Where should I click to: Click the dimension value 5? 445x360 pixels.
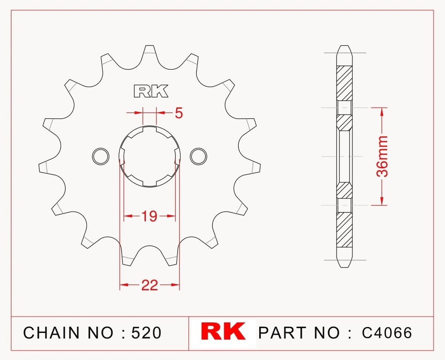click(179, 113)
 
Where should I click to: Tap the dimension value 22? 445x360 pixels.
click(149, 285)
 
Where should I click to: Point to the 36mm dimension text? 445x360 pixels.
click(382, 156)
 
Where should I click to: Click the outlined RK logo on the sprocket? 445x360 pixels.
click(151, 91)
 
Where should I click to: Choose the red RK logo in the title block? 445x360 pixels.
click(223, 331)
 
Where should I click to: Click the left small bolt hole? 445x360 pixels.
click(101, 156)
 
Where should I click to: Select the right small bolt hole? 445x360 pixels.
click(198, 156)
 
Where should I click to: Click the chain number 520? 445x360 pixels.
click(146, 333)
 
